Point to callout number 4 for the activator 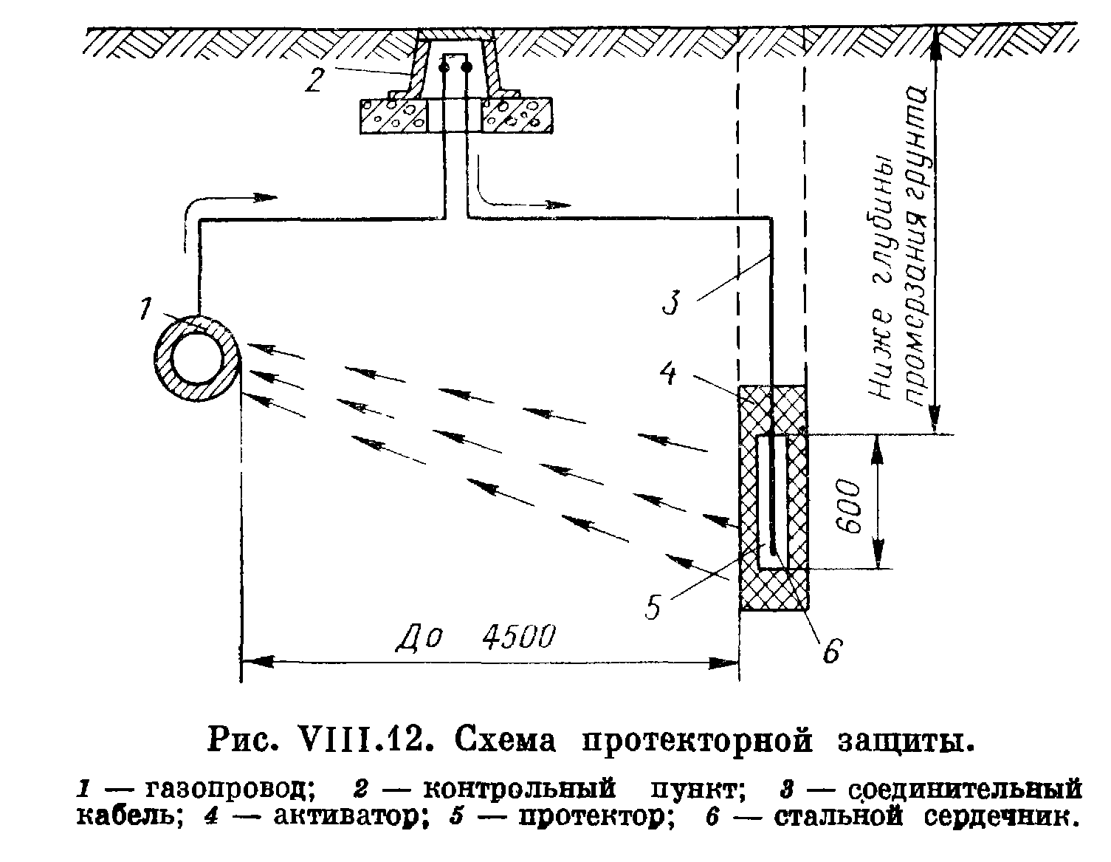(x=668, y=374)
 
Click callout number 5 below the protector (x=653, y=606)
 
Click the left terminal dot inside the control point (x=444, y=68)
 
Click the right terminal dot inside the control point (x=467, y=68)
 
